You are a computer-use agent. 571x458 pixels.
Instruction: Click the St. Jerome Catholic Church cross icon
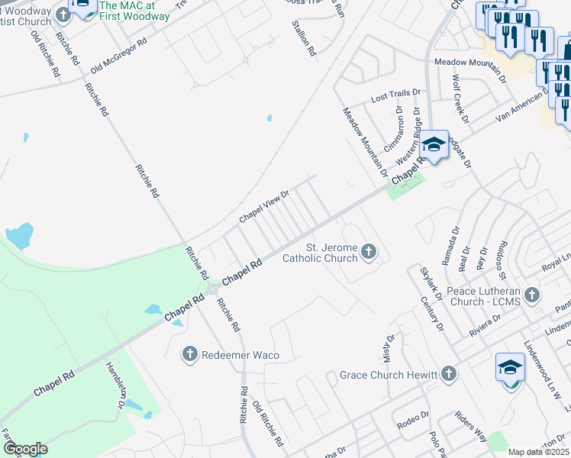369,251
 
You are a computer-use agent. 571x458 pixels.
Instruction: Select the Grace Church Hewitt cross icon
449,374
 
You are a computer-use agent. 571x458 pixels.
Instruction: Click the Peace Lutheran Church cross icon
532,294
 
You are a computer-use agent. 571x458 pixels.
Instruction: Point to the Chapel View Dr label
264,206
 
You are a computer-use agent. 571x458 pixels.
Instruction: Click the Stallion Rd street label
303,39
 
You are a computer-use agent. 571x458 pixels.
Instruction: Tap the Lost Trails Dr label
395,96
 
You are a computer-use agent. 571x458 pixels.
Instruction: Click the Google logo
25,449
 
